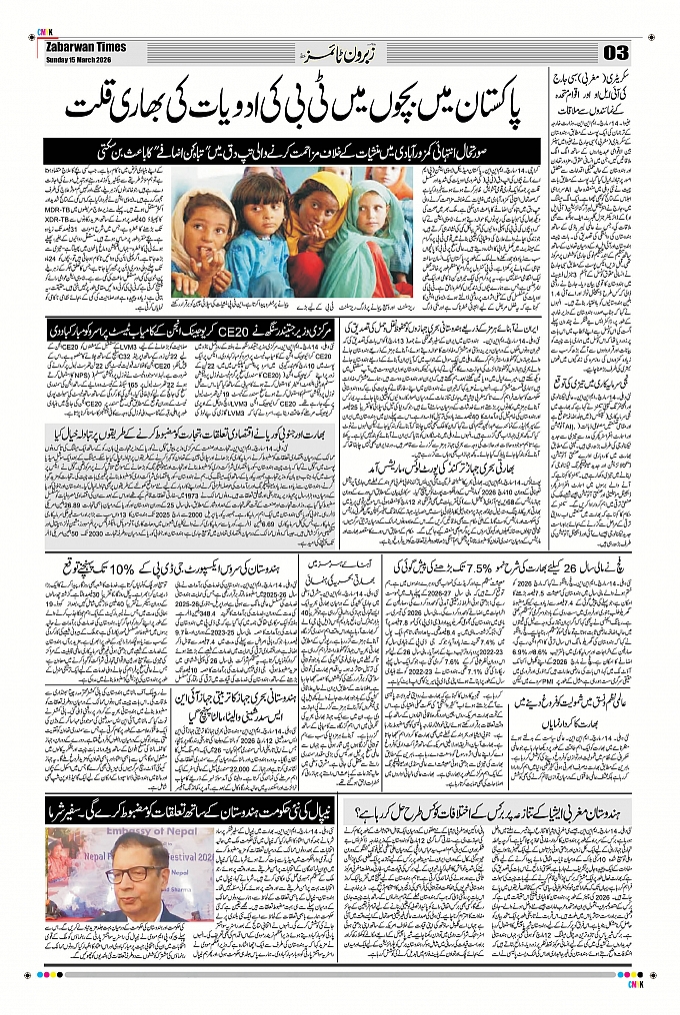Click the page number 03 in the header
click(614, 52)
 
